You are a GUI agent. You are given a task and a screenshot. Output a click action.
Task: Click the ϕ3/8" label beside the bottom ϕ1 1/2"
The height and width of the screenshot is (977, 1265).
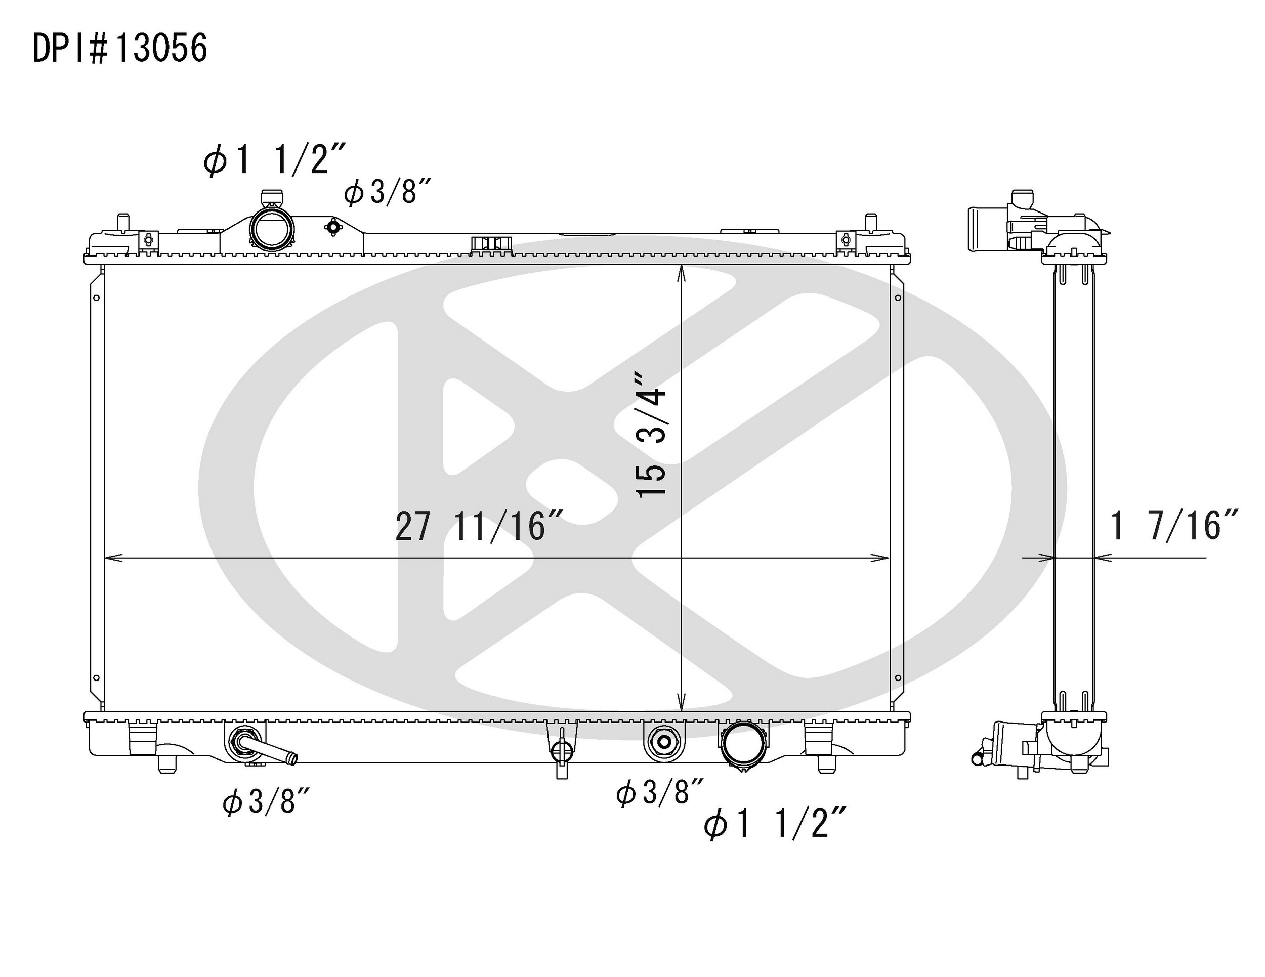(x=660, y=792)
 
